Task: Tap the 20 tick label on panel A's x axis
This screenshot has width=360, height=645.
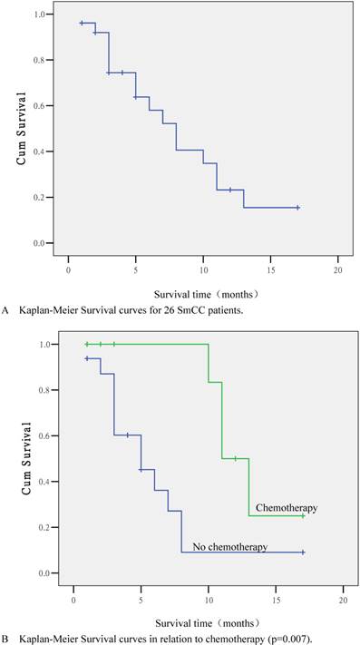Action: (337, 270)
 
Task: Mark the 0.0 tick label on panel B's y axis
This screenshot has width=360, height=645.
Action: (41, 573)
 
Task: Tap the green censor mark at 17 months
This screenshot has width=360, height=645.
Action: (303, 516)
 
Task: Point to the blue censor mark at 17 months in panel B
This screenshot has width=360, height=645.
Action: (303, 552)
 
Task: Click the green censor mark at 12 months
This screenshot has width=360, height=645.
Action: (236, 458)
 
